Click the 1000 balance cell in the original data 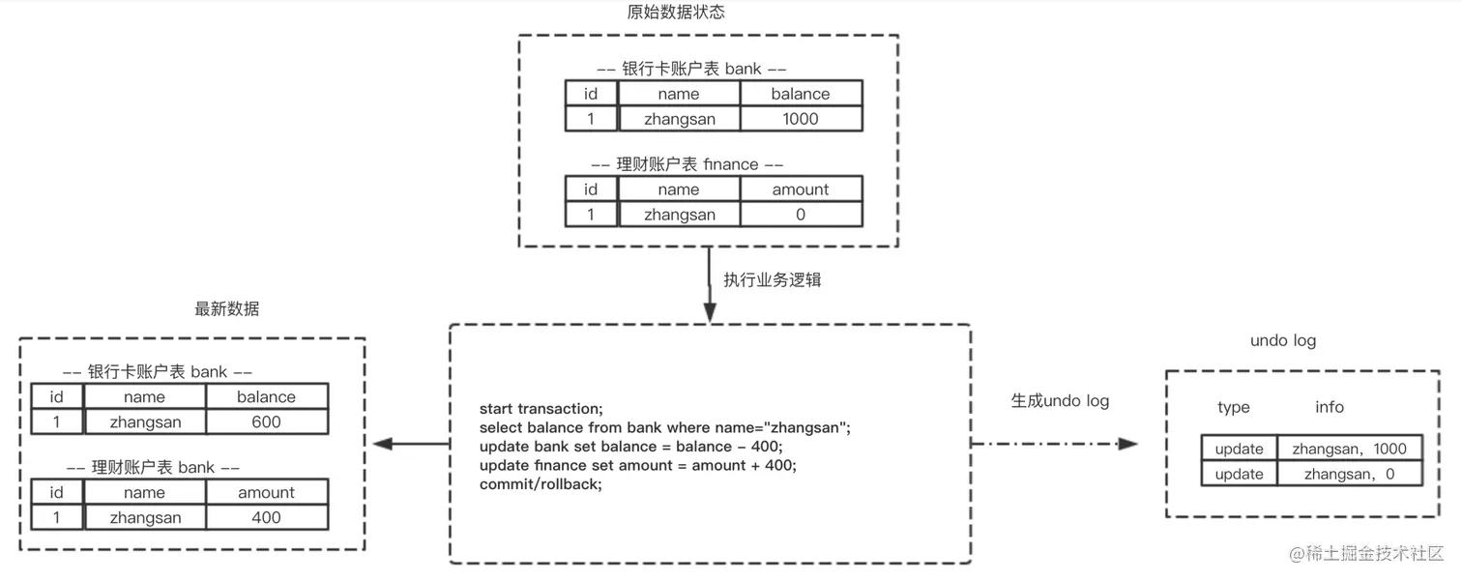coord(801,119)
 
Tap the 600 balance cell coord(266,421)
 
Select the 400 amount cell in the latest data coord(266,517)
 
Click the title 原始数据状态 coord(676,13)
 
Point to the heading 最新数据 coord(227,309)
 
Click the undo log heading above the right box coord(1282,340)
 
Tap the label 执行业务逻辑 coord(773,279)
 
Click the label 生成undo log coord(1060,400)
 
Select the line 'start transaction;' coord(541,408)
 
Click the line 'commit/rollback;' coord(541,484)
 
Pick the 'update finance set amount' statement coord(637,465)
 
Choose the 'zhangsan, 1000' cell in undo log coord(1349,449)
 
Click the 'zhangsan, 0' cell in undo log coord(1349,474)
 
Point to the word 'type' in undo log coord(1233,407)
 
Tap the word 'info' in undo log coord(1329,407)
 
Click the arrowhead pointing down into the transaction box coord(710,312)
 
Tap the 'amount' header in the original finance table coord(801,189)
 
